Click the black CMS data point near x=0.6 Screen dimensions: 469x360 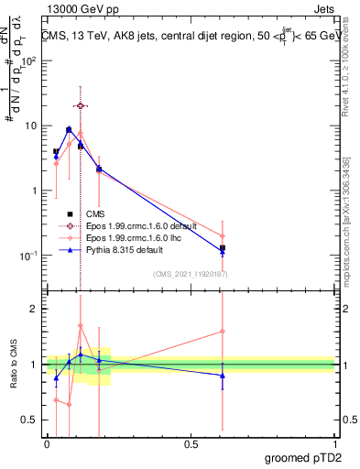point(223,247)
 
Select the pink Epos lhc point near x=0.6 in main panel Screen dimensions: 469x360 point(223,235)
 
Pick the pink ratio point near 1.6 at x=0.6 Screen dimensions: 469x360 point(223,332)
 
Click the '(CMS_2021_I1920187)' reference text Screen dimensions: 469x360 point(189,273)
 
